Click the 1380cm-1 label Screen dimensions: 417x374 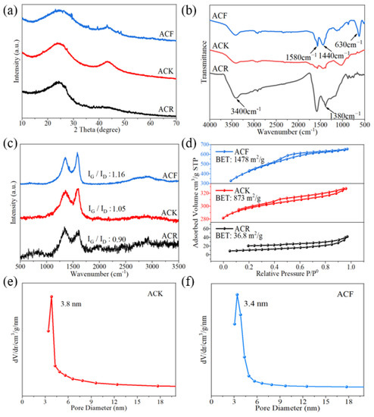click(344, 115)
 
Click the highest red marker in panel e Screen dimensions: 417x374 click(51, 297)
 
